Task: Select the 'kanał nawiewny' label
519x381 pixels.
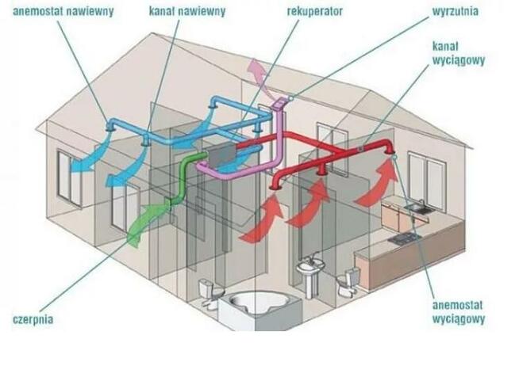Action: (187, 12)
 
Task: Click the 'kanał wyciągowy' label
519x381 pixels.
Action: (458, 53)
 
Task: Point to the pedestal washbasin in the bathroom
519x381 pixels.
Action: (309, 273)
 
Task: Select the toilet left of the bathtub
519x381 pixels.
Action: (209, 292)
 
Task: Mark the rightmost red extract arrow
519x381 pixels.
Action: (376, 185)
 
